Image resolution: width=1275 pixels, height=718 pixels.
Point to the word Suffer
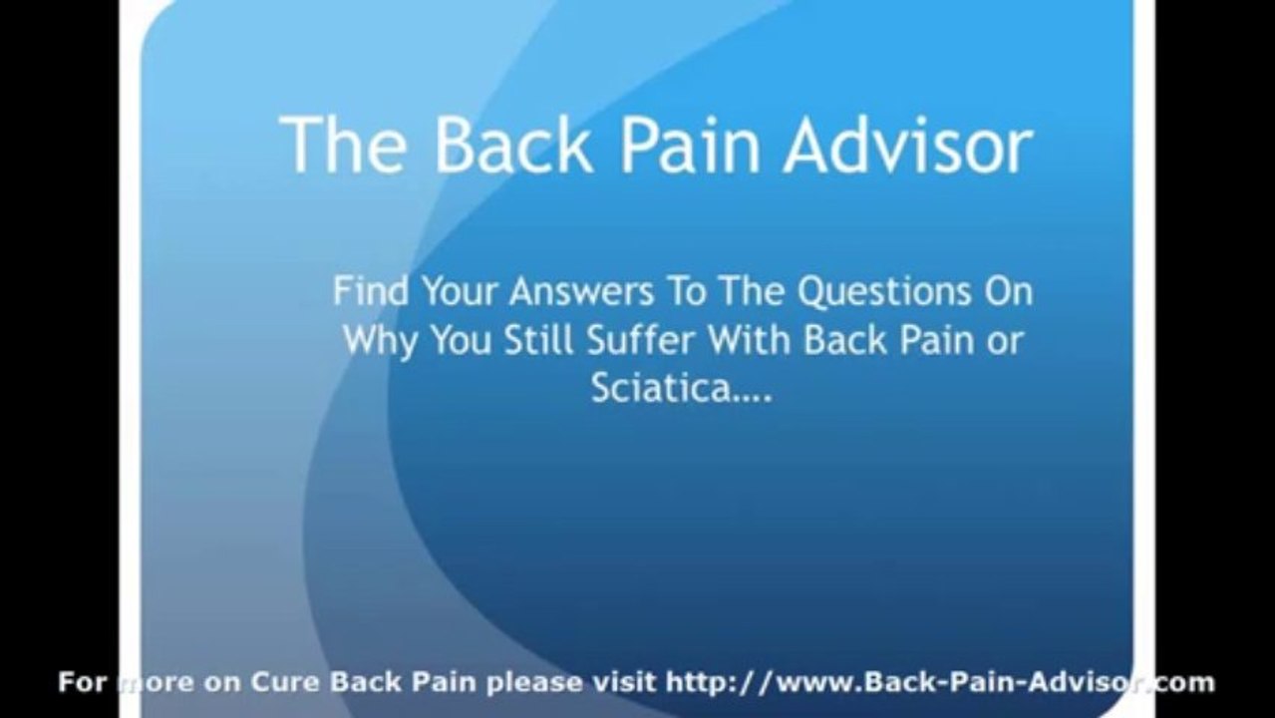[x=641, y=340]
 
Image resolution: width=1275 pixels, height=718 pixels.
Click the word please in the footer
[x=534, y=684]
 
